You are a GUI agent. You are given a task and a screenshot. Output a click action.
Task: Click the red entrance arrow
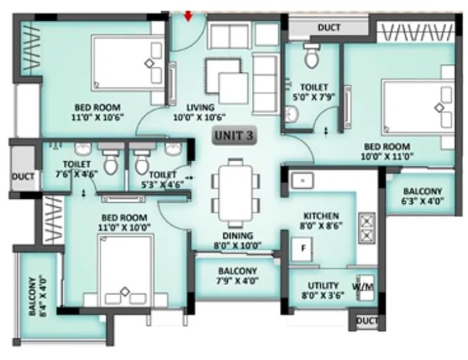[x=188, y=16]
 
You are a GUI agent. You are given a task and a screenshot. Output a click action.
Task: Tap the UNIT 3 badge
[x=234, y=135]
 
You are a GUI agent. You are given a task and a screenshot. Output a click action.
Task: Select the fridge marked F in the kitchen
[x=302, y=249]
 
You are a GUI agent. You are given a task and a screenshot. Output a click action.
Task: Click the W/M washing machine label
[x=363, y=286]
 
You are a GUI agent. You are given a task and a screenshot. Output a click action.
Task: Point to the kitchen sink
[x=302, y=180]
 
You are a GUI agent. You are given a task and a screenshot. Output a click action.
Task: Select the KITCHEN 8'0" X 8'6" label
[x=321, y=220]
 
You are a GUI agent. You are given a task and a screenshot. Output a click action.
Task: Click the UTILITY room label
[x=323, y=290]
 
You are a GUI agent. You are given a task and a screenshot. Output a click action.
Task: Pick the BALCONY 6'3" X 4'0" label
[x=422, y=196]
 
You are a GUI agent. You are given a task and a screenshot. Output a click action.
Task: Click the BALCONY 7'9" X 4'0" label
[x=237, y=276]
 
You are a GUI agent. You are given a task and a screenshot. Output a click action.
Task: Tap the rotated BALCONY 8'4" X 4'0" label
[x=37, y=296]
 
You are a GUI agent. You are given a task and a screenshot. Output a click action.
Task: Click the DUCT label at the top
[x=329, y=27]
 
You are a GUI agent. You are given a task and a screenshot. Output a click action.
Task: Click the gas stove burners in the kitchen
[x=367, y=228]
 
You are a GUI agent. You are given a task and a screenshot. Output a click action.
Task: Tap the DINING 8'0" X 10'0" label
[x=237, y=241]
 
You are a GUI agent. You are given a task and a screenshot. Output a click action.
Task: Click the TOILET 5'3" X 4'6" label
[x=162, y=180]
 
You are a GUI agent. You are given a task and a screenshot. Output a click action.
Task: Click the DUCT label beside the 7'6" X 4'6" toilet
[x=23, y=176]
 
